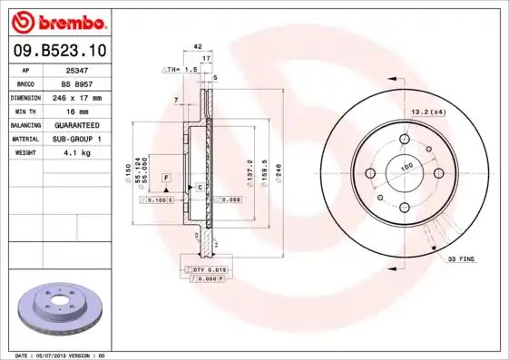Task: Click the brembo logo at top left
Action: (x=57, y=20)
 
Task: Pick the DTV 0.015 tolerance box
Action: (x=209, y=269)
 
